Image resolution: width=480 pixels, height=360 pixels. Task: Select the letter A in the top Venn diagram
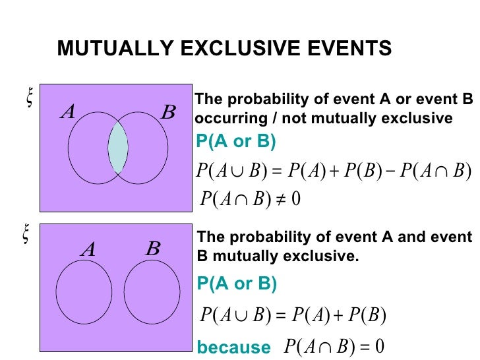(67, 113)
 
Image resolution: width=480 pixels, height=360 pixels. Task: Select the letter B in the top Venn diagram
(169, 113)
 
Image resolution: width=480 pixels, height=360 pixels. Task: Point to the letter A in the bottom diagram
(88, 249)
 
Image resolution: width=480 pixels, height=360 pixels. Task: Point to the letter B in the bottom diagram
(153, 249)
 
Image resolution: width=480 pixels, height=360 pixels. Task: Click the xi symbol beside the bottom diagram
(26, 235)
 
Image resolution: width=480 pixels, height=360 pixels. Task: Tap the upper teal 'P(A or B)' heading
(236, 142)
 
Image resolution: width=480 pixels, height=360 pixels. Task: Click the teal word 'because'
(233, 347)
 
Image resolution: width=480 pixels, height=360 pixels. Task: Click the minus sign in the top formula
(392, 171)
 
